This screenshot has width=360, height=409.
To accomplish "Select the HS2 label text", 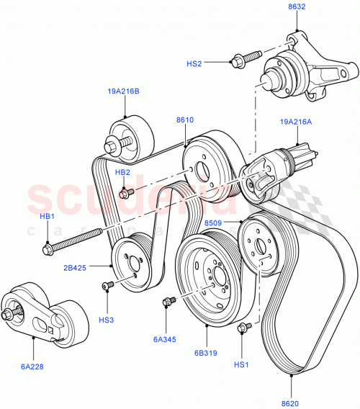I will point(194,63).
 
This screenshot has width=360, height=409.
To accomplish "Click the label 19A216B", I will point(124,92).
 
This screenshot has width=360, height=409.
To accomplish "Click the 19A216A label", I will point(296,122).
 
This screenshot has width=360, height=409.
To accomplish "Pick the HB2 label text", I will point(122,172).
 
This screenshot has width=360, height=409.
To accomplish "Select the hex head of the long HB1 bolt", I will point(49,249).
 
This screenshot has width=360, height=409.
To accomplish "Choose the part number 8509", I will point(214,223).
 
